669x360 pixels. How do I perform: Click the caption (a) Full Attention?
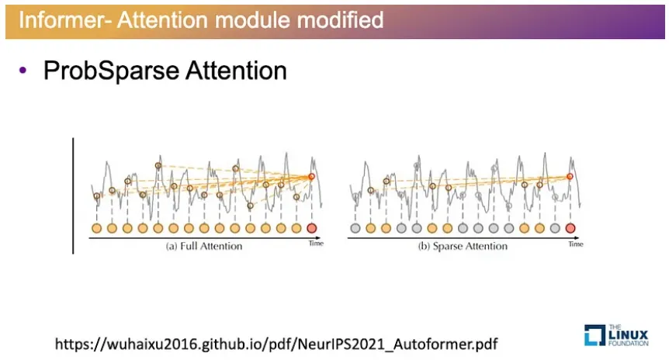point(204,246)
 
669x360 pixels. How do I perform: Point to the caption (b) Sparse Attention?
point(462,246)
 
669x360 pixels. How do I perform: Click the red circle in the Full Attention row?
point(312,228)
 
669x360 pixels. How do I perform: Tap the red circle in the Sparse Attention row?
point(570,228)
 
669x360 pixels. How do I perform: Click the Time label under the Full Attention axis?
point(315,243)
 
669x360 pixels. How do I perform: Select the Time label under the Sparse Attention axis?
point(575,243)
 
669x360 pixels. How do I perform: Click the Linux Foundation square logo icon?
point(594,334)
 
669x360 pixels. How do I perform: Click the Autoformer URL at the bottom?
point(276,342)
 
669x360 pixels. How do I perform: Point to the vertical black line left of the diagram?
point(73,196)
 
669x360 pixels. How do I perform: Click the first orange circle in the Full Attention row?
point(96,228)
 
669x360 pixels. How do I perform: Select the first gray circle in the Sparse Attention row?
point(355,228)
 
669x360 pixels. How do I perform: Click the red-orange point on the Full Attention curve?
point(312,177)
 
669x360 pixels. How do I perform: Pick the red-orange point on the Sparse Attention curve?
point(570,177)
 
